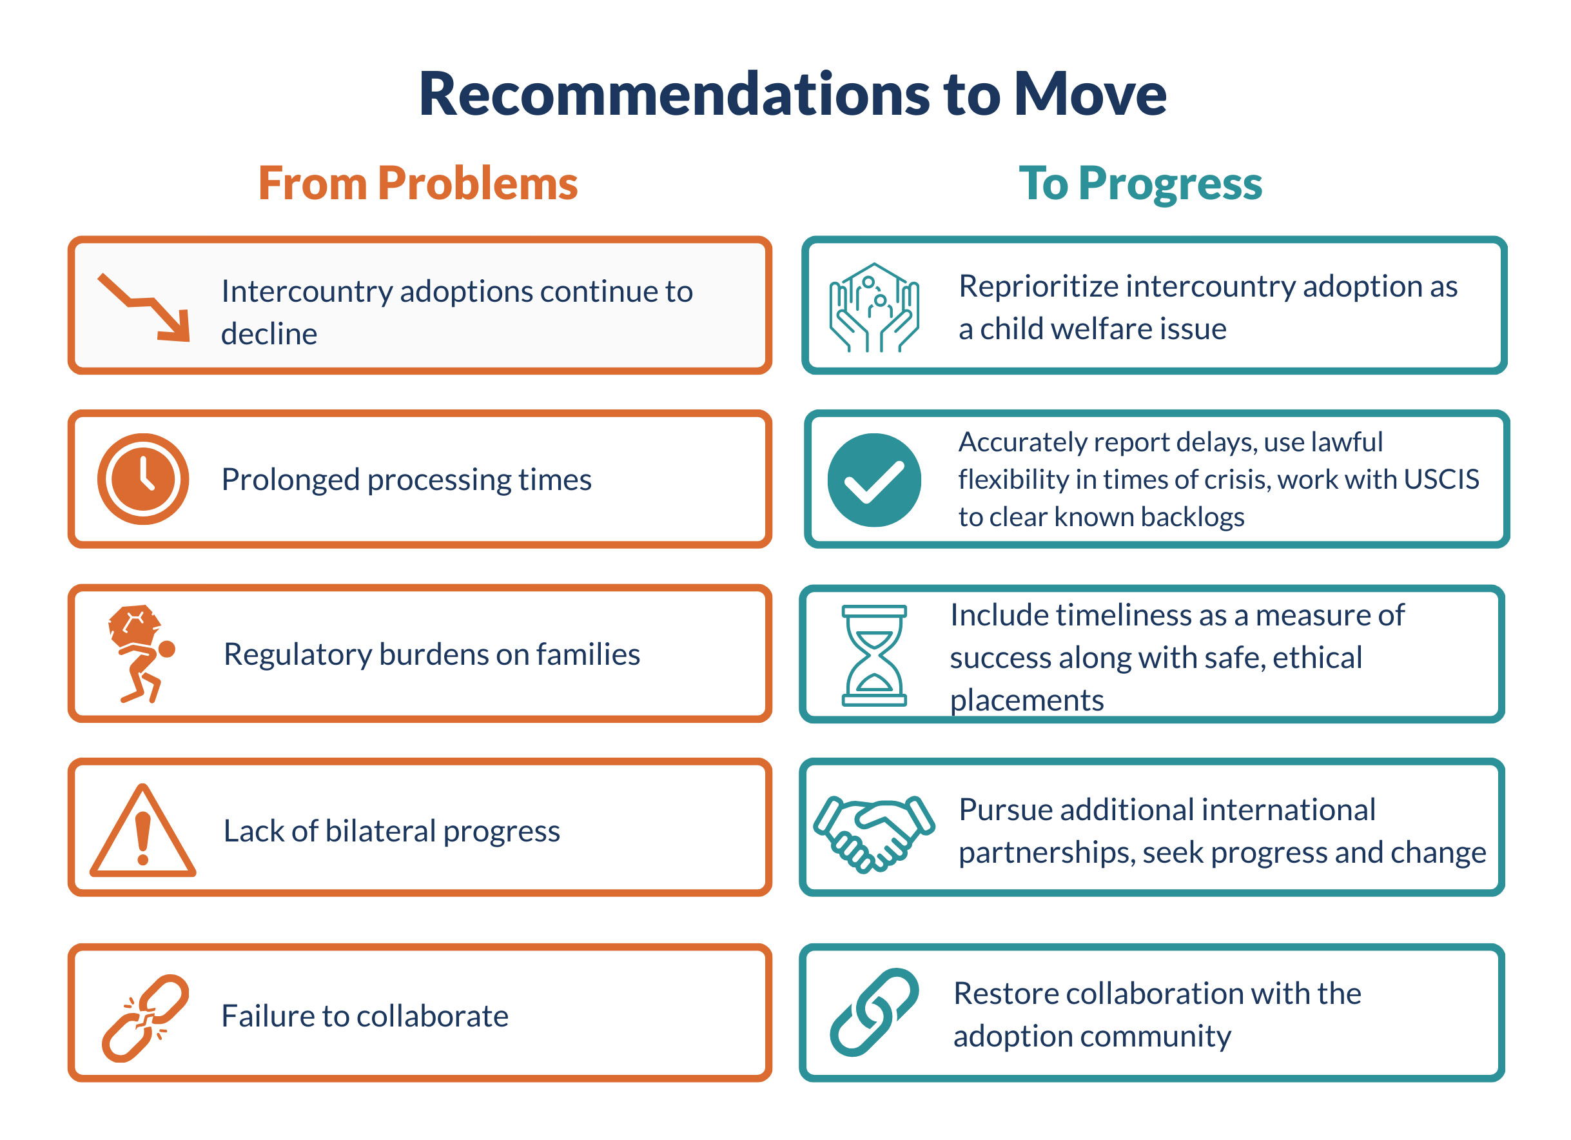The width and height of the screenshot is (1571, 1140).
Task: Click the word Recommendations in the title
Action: pos(675,94)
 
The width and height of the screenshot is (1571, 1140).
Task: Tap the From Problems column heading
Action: pos(418,184)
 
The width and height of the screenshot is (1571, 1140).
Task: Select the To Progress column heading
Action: pos(1140,185)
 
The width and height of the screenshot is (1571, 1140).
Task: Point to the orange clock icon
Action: pos(143,479)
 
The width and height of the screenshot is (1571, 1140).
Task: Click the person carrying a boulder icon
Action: pos(141,654)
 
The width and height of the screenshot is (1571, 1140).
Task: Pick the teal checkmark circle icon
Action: pos(874,480)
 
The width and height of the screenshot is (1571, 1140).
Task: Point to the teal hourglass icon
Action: pos(874,656)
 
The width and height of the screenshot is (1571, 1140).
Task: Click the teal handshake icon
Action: pos(874,834)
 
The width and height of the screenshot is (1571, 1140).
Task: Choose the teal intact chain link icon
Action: pos(874,1012)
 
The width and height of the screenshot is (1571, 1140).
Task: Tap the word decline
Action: pos(269,334)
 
